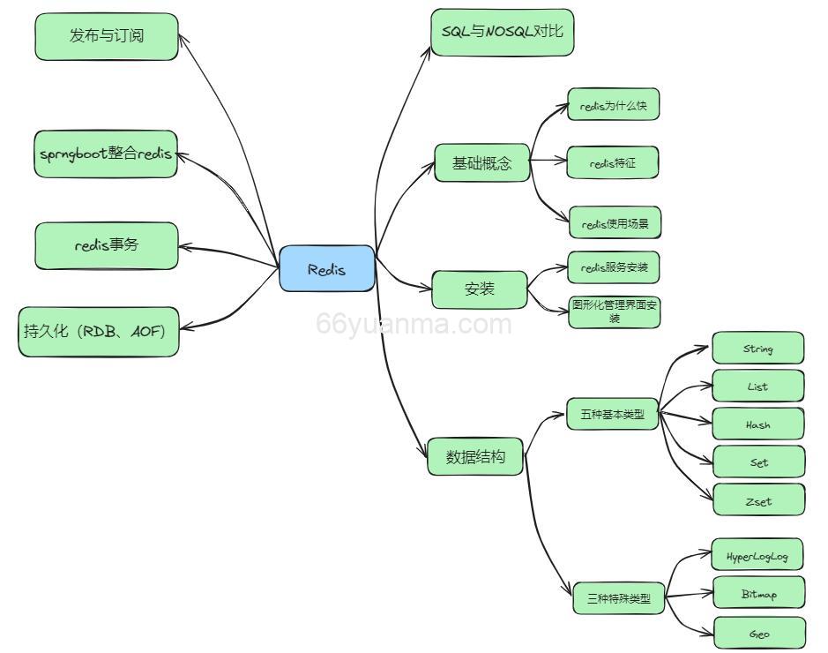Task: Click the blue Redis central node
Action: tap(327, 269)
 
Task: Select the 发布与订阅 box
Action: tap(107, 36)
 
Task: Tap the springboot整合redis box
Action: tap(106, 154)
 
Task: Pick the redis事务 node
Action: tap(107, 245)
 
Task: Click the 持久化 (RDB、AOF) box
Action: tap(98, 332)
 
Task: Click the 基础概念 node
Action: tap(481, 163)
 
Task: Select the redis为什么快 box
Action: tap(613, 105)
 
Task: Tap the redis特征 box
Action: tap(613, 163)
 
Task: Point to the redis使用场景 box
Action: tap(615, 223)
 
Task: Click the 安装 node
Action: tap(480, 289)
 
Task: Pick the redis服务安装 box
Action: tap(614, 266)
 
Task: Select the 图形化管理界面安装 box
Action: tap(614, 311)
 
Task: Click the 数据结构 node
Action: tap(475, 457)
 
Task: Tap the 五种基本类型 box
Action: tap(612, 414)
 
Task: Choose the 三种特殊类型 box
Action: tap(617, 599)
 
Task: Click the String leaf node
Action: tap(757, 349)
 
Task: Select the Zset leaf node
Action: tap(758, 500)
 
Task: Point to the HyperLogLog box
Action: tap(757, 556)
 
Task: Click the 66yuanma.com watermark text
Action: tap(414, 325)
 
